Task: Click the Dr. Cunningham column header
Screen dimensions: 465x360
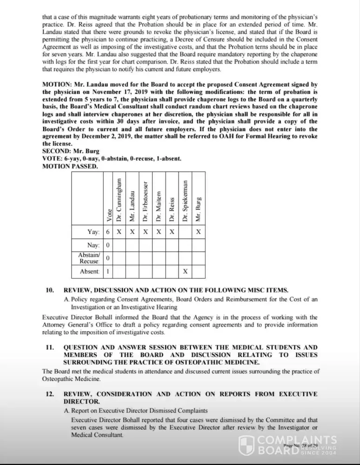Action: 120,200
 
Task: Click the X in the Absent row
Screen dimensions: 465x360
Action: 185,271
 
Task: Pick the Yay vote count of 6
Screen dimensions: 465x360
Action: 108,232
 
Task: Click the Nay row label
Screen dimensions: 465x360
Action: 93,245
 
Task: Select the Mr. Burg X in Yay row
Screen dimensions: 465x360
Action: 199,232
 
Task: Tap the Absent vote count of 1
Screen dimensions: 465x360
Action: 108,271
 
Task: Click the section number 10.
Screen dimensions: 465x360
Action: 50,290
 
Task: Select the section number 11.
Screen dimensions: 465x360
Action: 50,347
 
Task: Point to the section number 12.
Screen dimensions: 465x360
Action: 50,394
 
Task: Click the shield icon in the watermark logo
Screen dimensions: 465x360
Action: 246,445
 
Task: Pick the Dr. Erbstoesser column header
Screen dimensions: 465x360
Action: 146,200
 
